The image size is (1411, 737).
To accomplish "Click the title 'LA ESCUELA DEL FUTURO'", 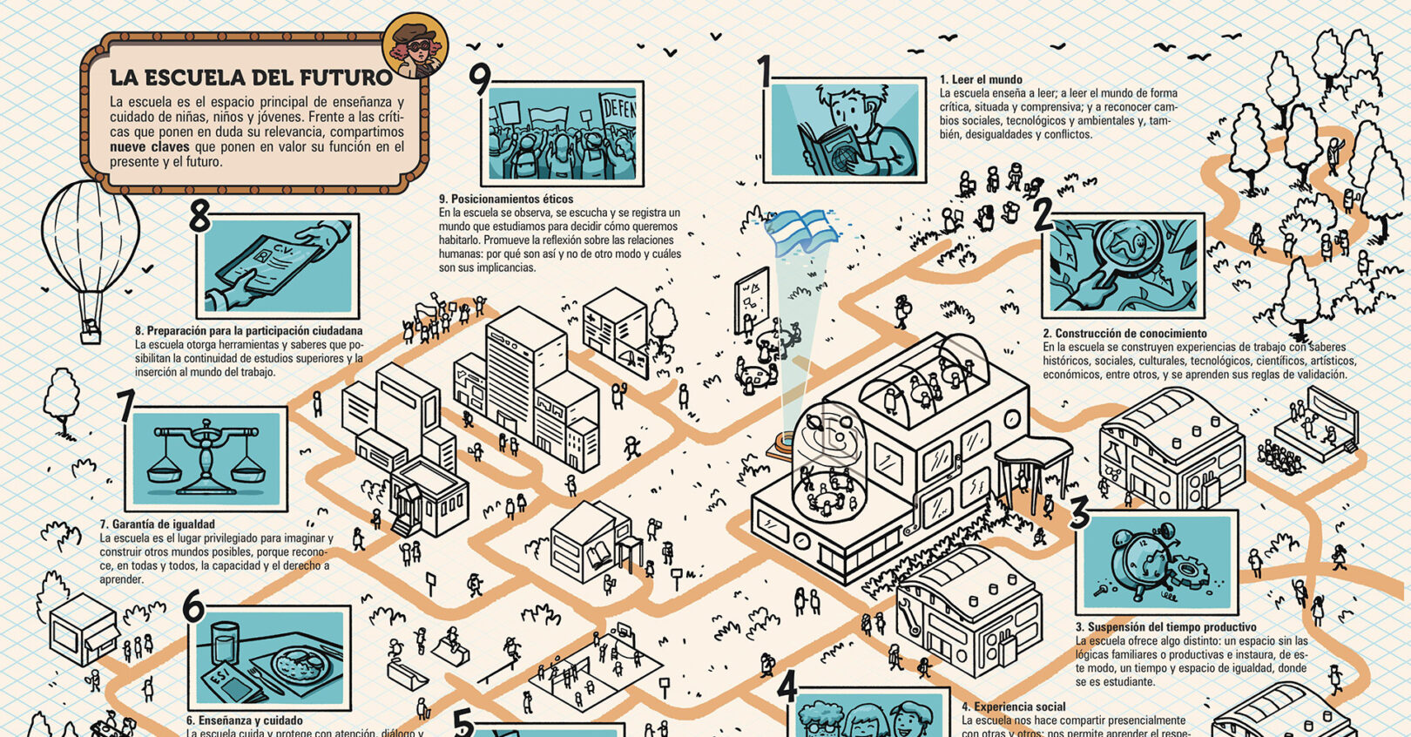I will pos(251,78).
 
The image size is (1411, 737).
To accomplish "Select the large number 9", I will pos(480,79).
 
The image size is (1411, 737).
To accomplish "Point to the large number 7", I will pos(126,407).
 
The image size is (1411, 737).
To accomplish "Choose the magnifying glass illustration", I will pos(1124,266).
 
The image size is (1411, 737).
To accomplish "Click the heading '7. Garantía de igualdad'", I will pos(157,524).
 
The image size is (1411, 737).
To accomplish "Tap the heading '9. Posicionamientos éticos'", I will pos(506,199).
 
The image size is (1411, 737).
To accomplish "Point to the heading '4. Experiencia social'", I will pos(1013,707).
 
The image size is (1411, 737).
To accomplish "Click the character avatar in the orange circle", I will pos(415,46).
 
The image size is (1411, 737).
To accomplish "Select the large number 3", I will pos(1079,512).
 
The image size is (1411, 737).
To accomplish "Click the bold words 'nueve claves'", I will pos(150,147).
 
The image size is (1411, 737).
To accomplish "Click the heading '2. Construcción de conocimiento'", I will pos(1124,334).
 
